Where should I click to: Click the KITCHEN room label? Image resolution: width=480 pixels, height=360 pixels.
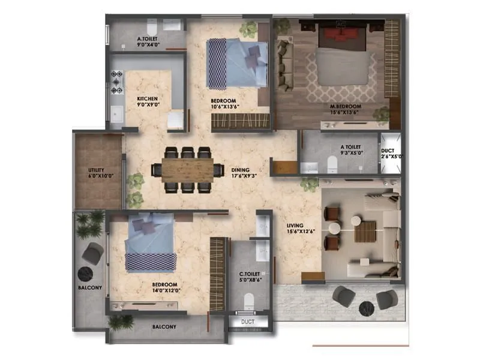(x=147, y=98)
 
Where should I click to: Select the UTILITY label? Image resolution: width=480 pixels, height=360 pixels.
(x=96, y=171)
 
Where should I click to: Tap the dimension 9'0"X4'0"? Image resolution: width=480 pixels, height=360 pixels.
(x=147, y=44)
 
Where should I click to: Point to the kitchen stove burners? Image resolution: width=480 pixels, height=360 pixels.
(x=116, y=82)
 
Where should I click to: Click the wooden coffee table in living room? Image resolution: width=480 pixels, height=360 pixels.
(x=365, y=231)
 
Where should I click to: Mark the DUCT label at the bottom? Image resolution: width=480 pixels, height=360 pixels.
(x=248, y=322)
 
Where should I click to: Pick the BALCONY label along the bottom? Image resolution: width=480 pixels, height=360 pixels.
(x=164, y=327)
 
